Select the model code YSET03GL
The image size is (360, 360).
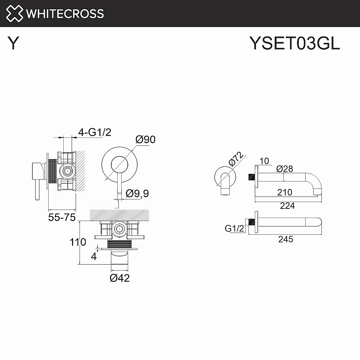294,44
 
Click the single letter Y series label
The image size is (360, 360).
13,44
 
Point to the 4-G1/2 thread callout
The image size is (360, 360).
95,132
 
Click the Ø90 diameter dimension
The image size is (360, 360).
145,139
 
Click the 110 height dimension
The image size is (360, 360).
78,242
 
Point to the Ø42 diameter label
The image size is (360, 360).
120,278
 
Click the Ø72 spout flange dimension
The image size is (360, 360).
236,159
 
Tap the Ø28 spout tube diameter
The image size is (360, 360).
285,168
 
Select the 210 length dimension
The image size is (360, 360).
285,193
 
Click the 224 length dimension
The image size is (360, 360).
287,206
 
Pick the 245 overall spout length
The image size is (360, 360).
285,239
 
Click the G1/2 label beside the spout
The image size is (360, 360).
234,228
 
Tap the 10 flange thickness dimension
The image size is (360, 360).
264,161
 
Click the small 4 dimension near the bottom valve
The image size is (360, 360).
94,256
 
